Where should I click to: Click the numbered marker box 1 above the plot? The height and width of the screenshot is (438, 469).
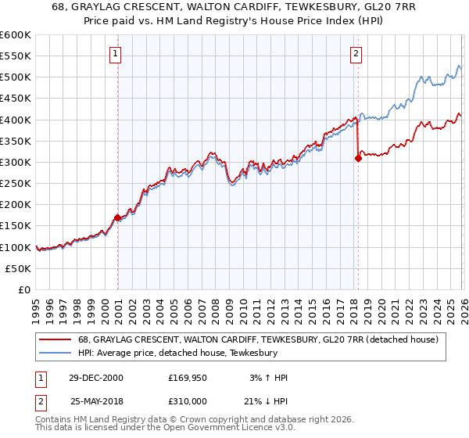tap(115, 54)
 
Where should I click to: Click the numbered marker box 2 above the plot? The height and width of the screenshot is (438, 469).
tap(356, 54)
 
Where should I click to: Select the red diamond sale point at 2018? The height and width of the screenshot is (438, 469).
tap(358, 158)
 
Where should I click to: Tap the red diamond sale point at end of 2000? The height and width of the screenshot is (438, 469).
tap(118, 217)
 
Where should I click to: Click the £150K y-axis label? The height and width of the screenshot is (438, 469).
tap(16, 226)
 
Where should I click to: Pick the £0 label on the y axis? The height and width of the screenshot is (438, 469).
tap(25, 289)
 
